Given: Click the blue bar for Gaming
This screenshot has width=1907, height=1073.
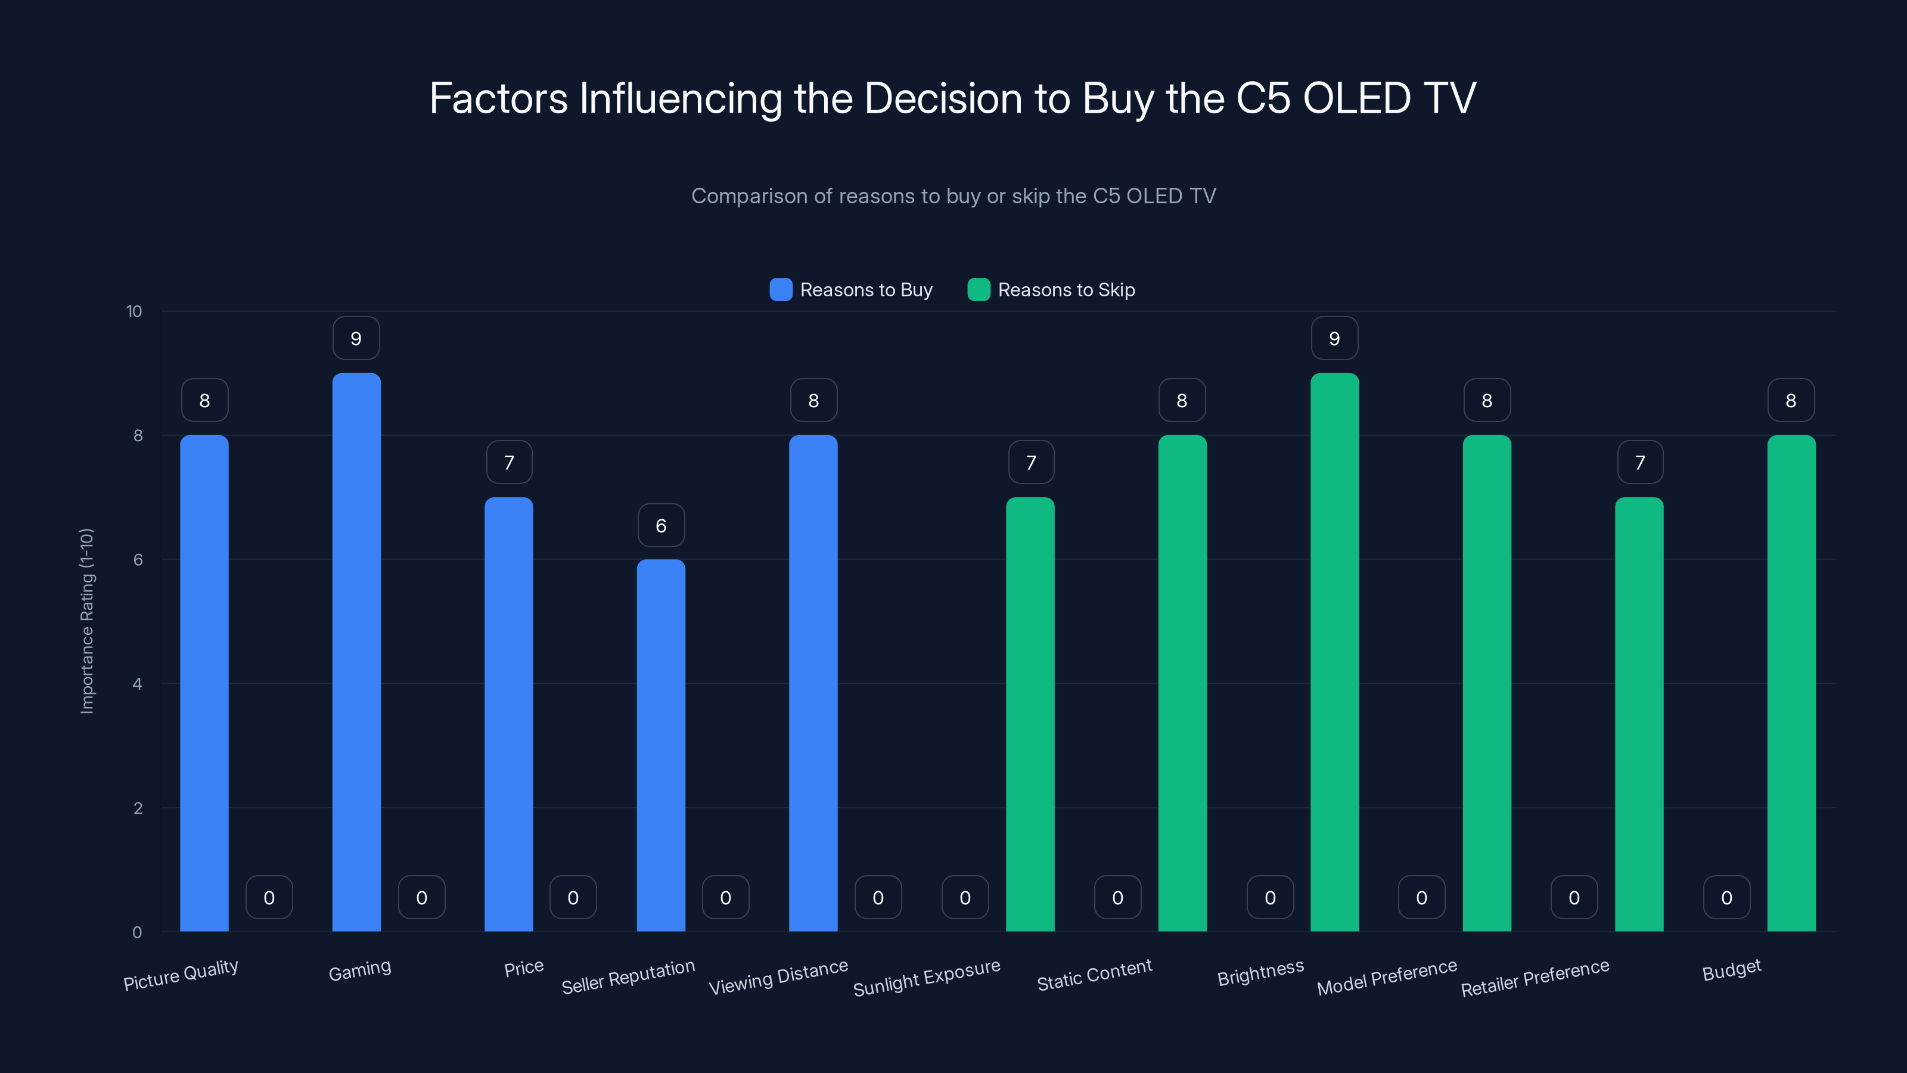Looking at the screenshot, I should pos(356,652).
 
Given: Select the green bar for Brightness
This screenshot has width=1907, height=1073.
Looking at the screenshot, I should pos(1334,652).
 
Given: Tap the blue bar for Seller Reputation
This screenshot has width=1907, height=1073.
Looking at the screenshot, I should pos(661,744).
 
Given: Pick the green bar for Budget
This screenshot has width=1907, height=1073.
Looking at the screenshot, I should pos(1791,683).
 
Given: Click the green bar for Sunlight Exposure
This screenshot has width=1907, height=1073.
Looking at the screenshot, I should pos(1030,714).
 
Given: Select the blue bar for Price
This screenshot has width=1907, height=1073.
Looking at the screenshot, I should pos(508,714).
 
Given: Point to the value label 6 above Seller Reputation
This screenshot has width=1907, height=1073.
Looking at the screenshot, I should pos(661,526).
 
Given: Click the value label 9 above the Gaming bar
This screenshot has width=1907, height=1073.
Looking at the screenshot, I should pos(356,339).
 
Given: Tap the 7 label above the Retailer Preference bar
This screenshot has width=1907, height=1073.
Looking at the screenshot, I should pos(1640,463).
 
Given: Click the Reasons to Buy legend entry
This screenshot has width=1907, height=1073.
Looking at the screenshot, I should pos(852,290).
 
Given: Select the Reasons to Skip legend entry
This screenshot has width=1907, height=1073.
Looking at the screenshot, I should pos(1051,290).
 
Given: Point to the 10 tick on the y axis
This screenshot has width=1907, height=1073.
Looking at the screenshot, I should pos(134,311).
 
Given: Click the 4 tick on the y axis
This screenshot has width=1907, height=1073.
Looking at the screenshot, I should pos(137,684).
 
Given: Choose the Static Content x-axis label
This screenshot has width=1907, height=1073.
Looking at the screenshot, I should pos(1094,975).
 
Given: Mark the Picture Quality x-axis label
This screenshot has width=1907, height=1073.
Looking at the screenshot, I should pos(181,975).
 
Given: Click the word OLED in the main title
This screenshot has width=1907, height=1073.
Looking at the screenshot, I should pos(1356,98).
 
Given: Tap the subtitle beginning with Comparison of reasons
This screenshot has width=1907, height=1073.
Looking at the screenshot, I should pos(953,196).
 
